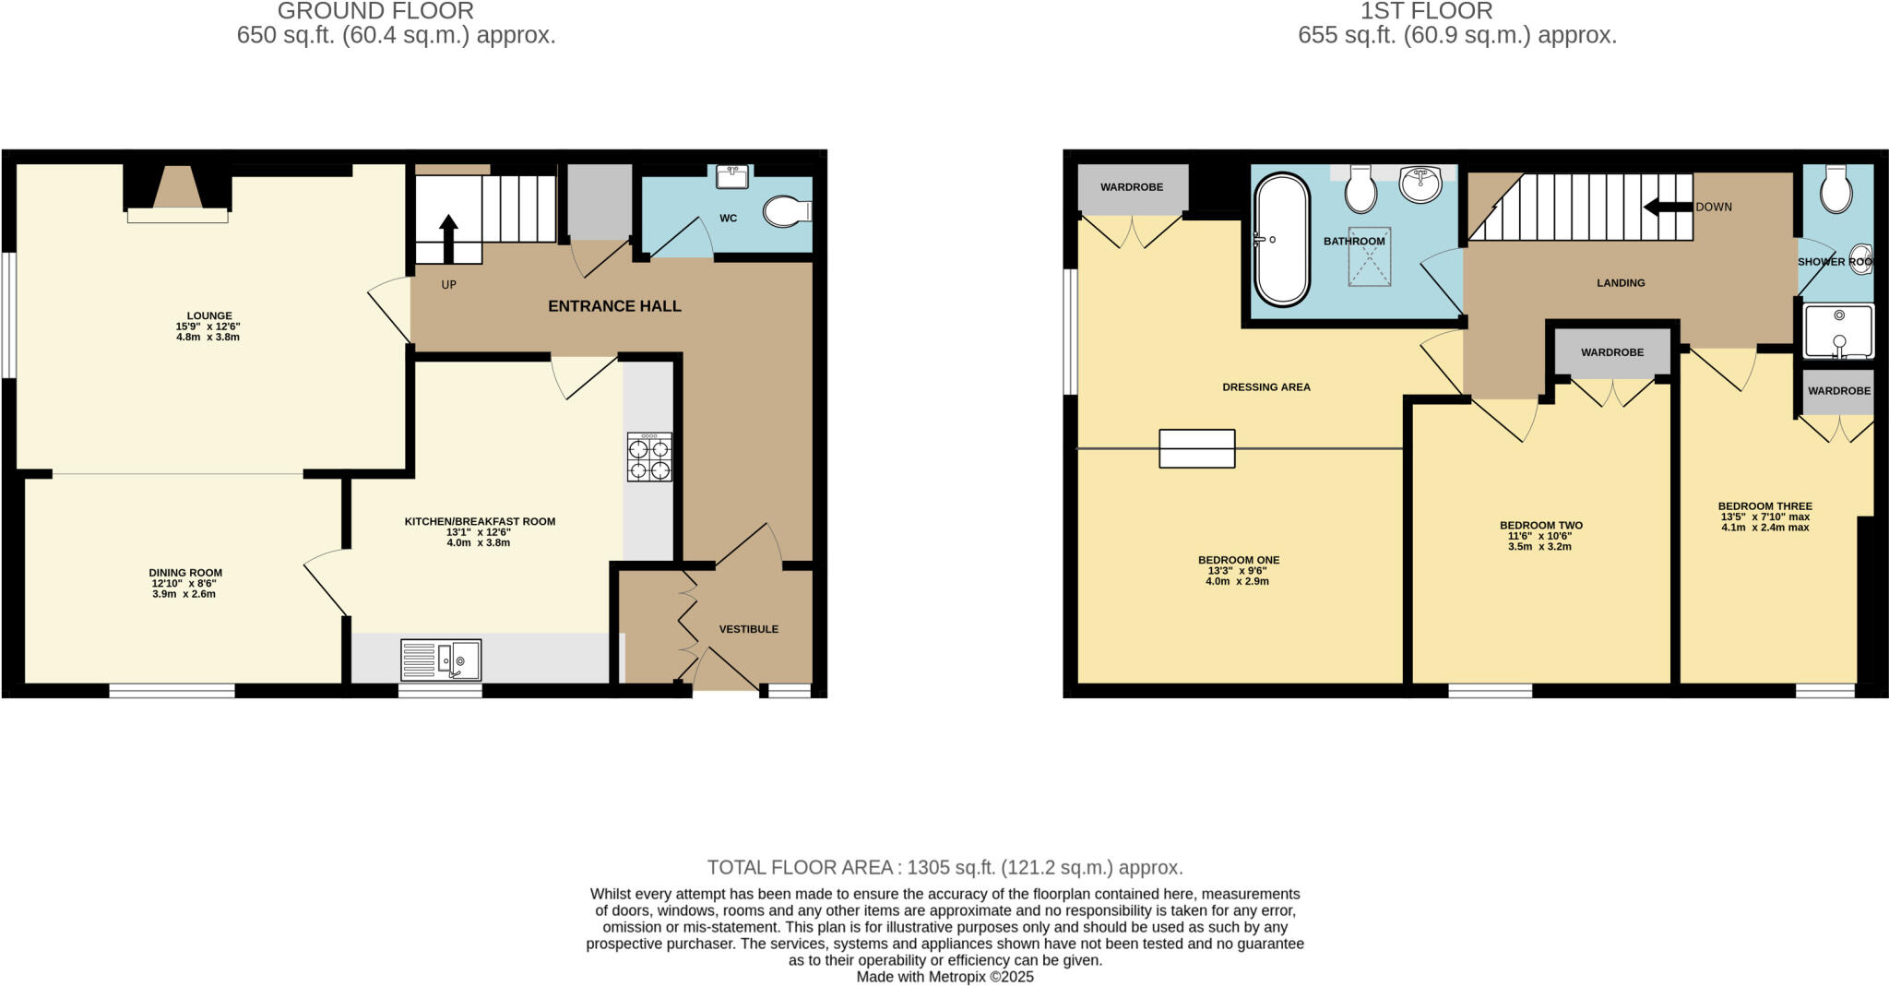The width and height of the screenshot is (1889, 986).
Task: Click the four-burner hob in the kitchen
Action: (649, 457)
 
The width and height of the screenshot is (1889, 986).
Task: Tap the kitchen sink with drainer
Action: (441, 660)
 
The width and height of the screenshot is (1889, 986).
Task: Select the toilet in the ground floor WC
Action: (786, 211)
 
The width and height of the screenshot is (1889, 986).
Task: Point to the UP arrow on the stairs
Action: (448, 237)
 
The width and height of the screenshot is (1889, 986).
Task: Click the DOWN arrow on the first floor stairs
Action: (1668, 207)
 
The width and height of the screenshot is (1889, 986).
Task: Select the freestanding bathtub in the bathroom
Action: (1281, 239)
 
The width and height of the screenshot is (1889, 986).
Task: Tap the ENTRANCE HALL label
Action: (614, 306)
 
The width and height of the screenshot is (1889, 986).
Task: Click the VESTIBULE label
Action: (748, 629)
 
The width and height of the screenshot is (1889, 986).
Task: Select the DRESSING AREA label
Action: (1265, 387)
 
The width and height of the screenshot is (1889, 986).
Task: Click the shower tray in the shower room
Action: (1838, 331)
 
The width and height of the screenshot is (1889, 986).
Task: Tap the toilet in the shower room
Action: (1836, 191)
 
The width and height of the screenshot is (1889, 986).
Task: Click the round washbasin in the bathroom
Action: (1420, 184)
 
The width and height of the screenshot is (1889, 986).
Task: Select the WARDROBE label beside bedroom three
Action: (1838, 391)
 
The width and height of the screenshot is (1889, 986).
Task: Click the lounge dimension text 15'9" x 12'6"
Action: (208, 327)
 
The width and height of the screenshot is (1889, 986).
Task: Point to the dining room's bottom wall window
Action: (172, 690)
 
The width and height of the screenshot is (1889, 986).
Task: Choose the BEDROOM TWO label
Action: (1540, 526)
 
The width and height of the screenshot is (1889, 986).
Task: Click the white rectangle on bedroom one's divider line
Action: (1196, 449)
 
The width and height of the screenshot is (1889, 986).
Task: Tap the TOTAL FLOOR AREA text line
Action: (944, 867)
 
